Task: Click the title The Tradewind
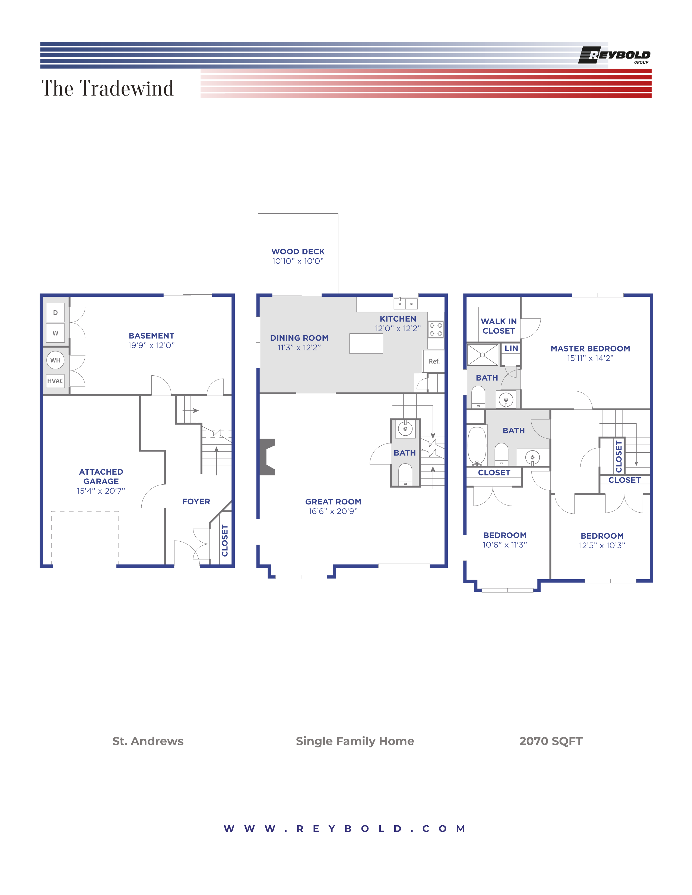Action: (x=107, y=88)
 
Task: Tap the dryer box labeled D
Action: (x=55, y=313)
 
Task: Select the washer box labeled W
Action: (x=55, y=333)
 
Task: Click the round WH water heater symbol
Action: (x=55, y=360)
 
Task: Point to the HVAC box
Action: (x=55, y=381)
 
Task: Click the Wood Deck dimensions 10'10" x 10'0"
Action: (x=298, y=261)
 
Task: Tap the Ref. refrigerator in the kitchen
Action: (x=434, y=361)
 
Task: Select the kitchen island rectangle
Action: (x=366, y=343)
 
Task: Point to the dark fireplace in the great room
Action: (x=267, y=457)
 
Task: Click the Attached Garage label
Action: (x=101, y=477)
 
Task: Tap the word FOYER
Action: (x=196, y=501)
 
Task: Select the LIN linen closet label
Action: (x=511, y=348)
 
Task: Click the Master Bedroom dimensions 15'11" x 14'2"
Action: (x=590, y=358)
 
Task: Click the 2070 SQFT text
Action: (x=551, y=741)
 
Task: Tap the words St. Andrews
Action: (x=148, y=741)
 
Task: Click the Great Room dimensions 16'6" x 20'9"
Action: (x=333, y=511)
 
